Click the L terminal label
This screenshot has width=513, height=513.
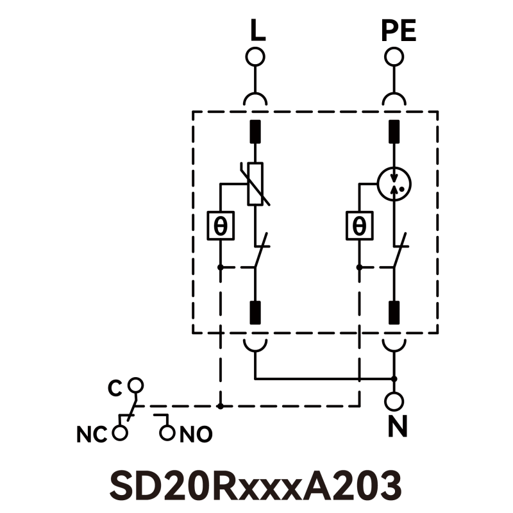(x=256, y=31)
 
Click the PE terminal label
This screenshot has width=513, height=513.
(x=398, y=31)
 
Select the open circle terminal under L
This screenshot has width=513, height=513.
(x=255, y=57)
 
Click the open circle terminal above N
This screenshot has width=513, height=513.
(x=394, y=401)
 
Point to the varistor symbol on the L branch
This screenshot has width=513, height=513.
(x=255, y=184)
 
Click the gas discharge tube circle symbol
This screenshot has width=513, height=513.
(x=394, y=183)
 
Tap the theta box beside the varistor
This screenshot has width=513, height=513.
(x=220, y=226)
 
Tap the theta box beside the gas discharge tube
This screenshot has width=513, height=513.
(x=358, y=226)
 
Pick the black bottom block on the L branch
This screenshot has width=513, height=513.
(x=255, y=312)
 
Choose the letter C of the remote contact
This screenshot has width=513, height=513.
(x=115, y=389)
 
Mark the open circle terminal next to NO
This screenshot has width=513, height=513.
(x=167, y=433)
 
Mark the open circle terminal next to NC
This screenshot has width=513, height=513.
(x=119, y=433)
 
